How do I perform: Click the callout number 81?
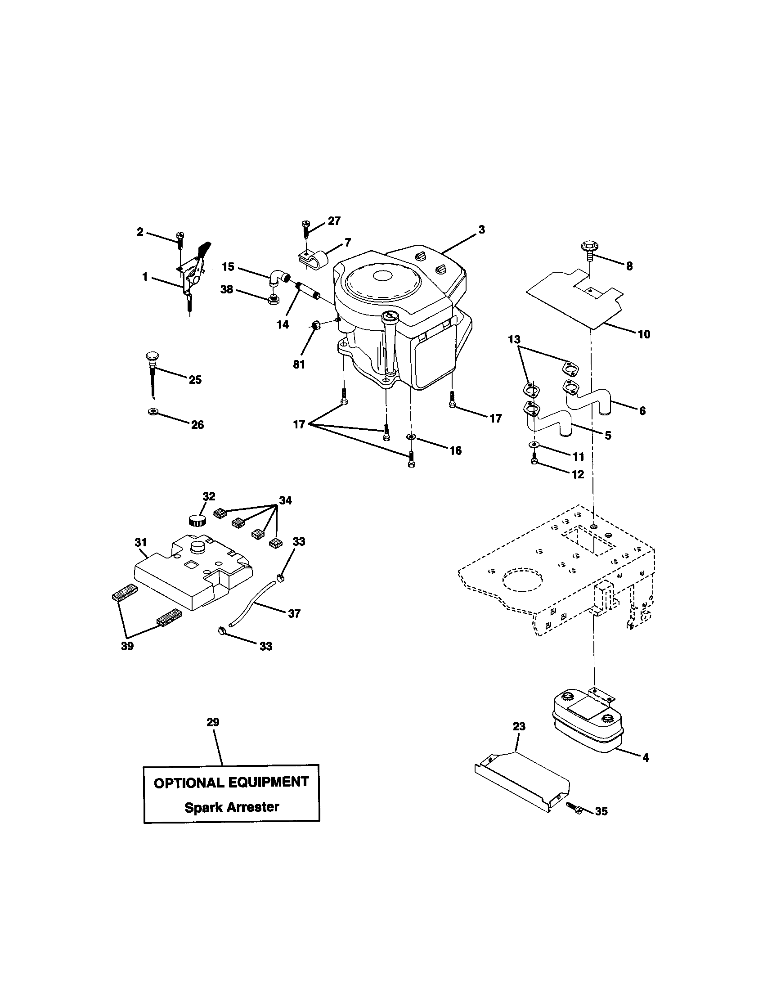(299, 364)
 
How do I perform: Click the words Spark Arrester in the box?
(232, 807)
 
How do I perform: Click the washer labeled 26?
(153, 411)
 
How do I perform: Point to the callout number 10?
(644, 334)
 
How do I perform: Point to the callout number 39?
(127, 645)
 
